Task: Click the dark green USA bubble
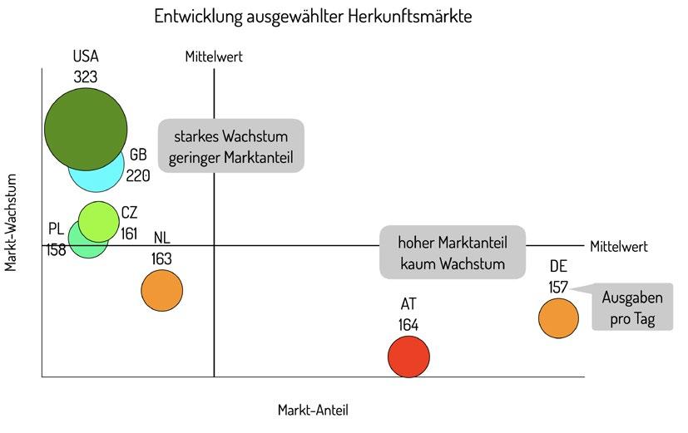point(86,128)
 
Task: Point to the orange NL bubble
point(162,291)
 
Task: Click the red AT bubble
point(408,357)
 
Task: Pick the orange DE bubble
point(558,317)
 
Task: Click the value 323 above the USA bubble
point(85,77)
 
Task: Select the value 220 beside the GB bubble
point(138,175)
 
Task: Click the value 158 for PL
point(57,248)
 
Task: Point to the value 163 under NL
point(161,258)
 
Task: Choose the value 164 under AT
point(408,324)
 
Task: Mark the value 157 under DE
point(558,287)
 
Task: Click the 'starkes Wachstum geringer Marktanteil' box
point(230,146)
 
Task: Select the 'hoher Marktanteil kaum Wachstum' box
point(453,252)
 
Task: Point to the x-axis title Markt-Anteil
point(313,410)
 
